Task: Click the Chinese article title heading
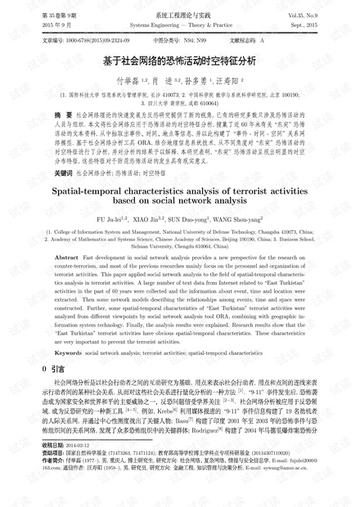pos(180,59)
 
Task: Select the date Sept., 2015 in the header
pos(326,25)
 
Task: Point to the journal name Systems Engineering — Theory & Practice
pos(180,25)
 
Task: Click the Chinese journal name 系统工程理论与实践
pos(181,15)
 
